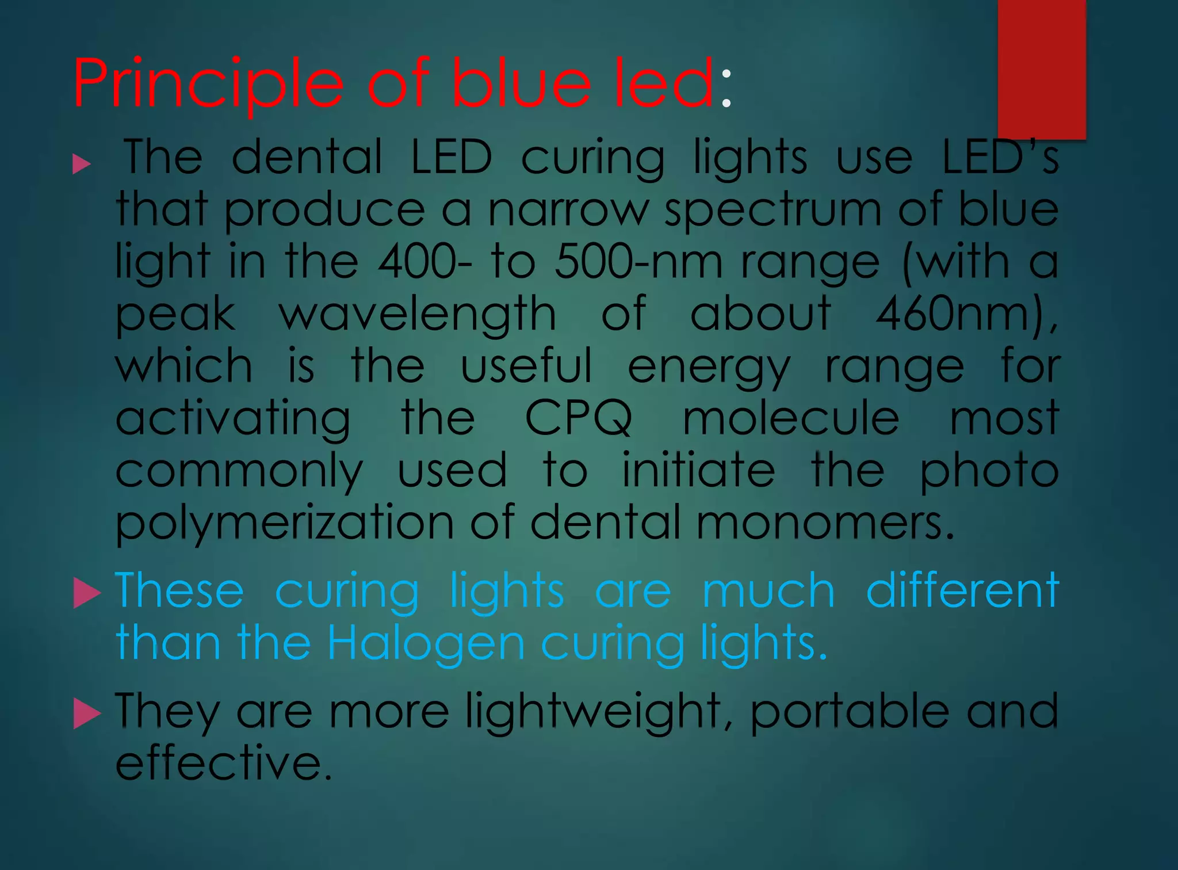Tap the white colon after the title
[726, 89]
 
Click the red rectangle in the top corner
[1041, 69]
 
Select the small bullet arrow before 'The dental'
[82, 165]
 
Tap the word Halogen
[426, 643]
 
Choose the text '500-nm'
[638, 262]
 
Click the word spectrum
[772, 209]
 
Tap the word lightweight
[593, 712]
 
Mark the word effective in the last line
[224, 763]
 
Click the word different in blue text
[962, 590]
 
